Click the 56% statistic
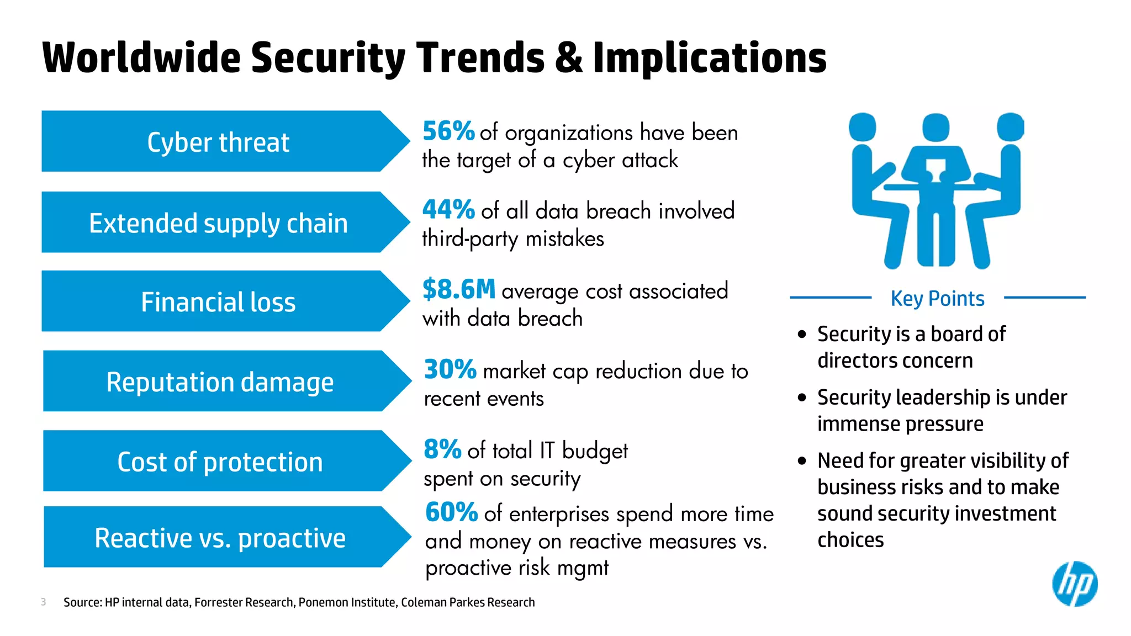(448, 131)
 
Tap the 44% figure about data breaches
(448, 210)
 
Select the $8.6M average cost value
(458, 289)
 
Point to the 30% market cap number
(450, 369)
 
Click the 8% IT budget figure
(442, 449)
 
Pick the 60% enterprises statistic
(451, 512)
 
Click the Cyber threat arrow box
(218, 142)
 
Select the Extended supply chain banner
(218, 222)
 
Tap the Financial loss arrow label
(218, 301)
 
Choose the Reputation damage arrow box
(220, 381)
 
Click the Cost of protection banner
(220, 461)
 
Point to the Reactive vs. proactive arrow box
(220, 537)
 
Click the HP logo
(1074, 584)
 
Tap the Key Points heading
(937, 298)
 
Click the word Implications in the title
(709, 58)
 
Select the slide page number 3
(43, 602)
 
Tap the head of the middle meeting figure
(936, 128)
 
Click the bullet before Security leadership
(802, 397)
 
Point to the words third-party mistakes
(512, 239)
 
